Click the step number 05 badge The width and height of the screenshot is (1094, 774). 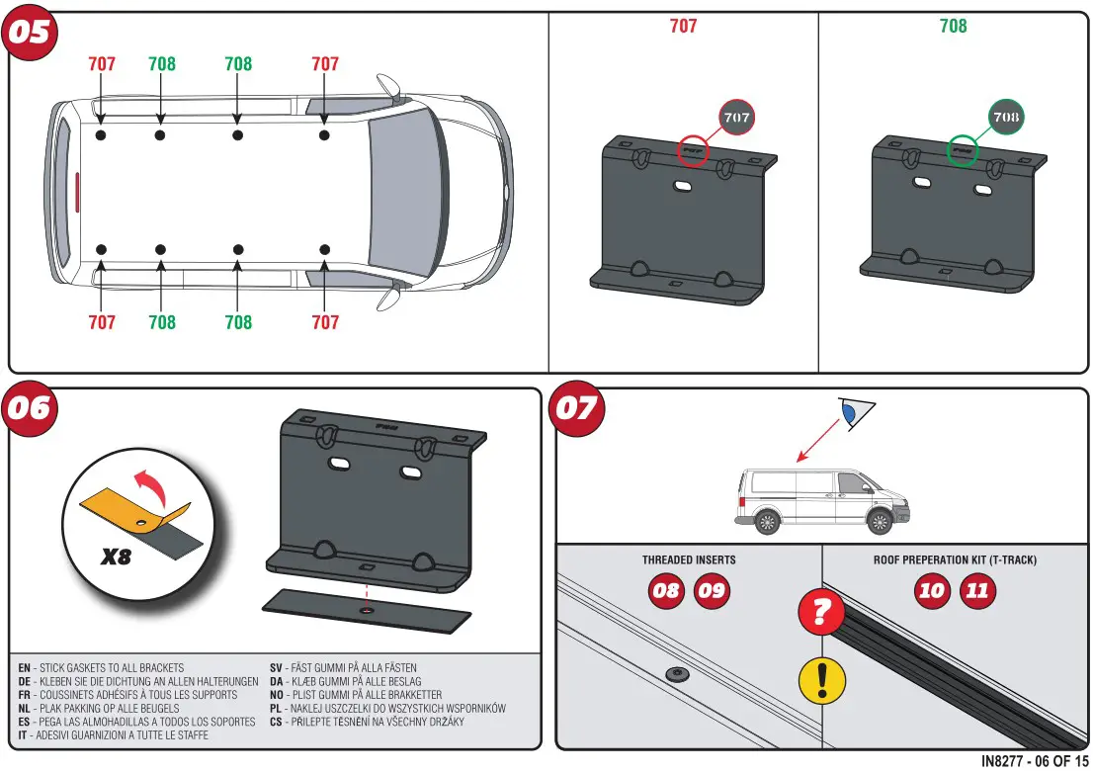click(30, 33)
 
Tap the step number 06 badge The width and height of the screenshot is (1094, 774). click(30, 407)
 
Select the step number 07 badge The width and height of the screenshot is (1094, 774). click(577, 407)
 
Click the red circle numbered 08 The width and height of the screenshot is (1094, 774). click(666, 591)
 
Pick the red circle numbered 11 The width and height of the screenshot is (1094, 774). click(977, 591)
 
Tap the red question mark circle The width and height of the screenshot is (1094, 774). click(820, 613)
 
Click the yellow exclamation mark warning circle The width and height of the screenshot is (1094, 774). click(820, 681)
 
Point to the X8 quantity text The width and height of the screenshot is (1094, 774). click(116, 557)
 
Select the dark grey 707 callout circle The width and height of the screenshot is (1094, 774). click(737, 117)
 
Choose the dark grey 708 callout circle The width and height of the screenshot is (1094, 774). click(1006, 117)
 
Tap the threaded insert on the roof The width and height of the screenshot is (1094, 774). click(676, 674)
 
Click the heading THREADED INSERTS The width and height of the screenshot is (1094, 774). click(688, 559)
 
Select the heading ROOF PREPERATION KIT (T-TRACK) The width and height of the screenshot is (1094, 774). click(955, 559)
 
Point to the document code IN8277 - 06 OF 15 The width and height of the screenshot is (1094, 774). click(1035, 761)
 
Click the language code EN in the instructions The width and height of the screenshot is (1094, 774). click(24, 668)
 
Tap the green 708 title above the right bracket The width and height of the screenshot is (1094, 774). click(953, 26)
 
